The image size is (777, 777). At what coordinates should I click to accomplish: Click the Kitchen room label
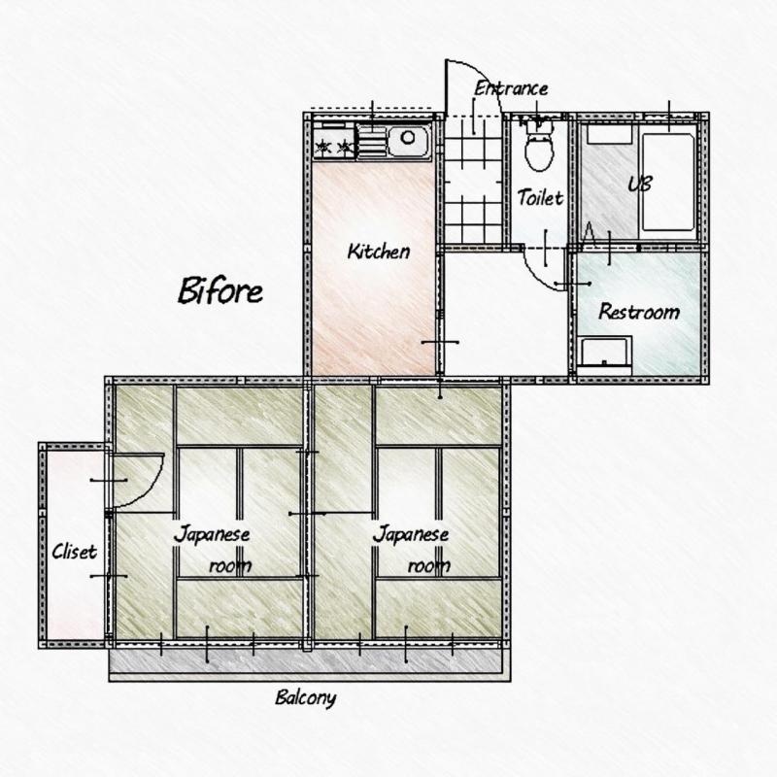point(379,252)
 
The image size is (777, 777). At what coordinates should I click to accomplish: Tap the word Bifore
point(220,290)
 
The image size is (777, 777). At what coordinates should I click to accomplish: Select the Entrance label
point(511,88)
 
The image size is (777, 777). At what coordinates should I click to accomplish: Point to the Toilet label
point(541,198)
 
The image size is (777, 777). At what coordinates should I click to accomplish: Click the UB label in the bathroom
point(640,184)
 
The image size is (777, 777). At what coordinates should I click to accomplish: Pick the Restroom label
point(639,312)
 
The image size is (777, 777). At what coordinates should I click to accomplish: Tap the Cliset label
point(75,552)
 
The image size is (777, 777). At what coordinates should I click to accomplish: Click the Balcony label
point(306,697)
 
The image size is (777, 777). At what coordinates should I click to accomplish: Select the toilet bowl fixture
point(539,147)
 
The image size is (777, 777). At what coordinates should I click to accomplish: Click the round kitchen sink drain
point(408,137)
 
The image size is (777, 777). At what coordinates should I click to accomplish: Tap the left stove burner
point(323,147)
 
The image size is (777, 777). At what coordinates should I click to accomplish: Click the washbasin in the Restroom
point(604,355)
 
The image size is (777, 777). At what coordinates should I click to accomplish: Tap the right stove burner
point(345,147)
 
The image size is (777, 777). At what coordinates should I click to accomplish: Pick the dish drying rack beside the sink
point(372,140)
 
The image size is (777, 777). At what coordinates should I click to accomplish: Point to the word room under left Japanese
point(230,565)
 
